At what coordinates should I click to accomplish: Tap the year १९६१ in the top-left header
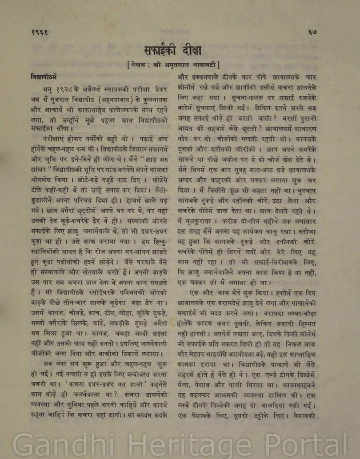(x=40, y=32)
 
